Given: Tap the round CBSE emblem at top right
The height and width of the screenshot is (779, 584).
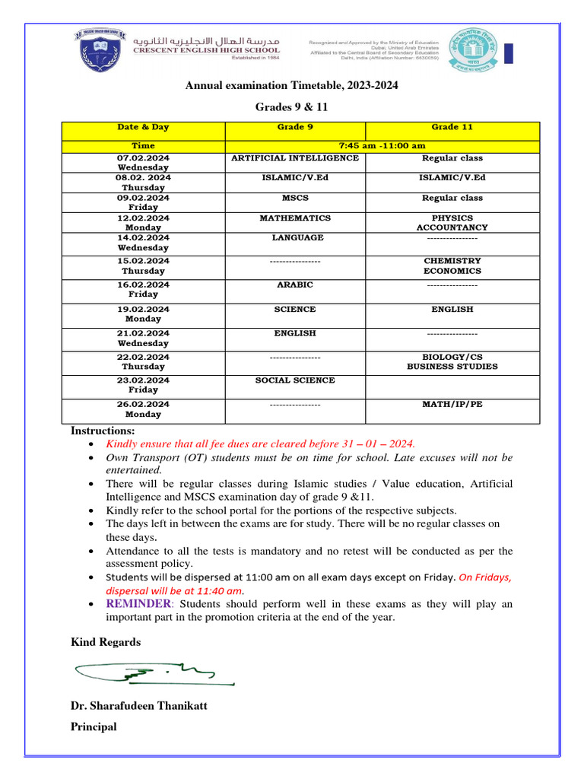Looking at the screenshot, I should point(473,49).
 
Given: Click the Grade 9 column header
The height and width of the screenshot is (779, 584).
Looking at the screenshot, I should point(295,127).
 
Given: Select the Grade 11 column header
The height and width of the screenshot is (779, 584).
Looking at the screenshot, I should point(452,127).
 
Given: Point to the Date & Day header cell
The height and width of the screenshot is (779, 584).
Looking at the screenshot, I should point(143,127).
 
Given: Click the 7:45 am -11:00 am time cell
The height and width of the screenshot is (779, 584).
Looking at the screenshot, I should point(382,145).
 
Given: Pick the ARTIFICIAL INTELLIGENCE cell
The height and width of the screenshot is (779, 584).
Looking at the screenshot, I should point(295,158).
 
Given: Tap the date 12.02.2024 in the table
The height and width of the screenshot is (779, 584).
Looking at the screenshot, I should point(143,218).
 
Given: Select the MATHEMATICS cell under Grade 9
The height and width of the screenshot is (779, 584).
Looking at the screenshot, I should point(295,218).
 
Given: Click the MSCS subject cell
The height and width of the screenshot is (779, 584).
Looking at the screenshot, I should point(295,198).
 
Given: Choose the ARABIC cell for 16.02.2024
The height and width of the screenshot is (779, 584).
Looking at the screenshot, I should point(295,285).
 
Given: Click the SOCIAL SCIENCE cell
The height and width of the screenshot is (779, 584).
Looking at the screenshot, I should point(295,380).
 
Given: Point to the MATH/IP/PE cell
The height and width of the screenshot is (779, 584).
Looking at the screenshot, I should point(452,404).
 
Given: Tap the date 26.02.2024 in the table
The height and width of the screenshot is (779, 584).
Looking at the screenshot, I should point(143,404).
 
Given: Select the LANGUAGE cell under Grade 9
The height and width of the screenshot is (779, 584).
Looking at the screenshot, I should point(295,238).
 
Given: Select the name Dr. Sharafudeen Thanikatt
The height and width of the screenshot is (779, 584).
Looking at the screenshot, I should point(138,705).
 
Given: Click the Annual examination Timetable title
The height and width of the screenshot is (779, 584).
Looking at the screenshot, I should point(292,86).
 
